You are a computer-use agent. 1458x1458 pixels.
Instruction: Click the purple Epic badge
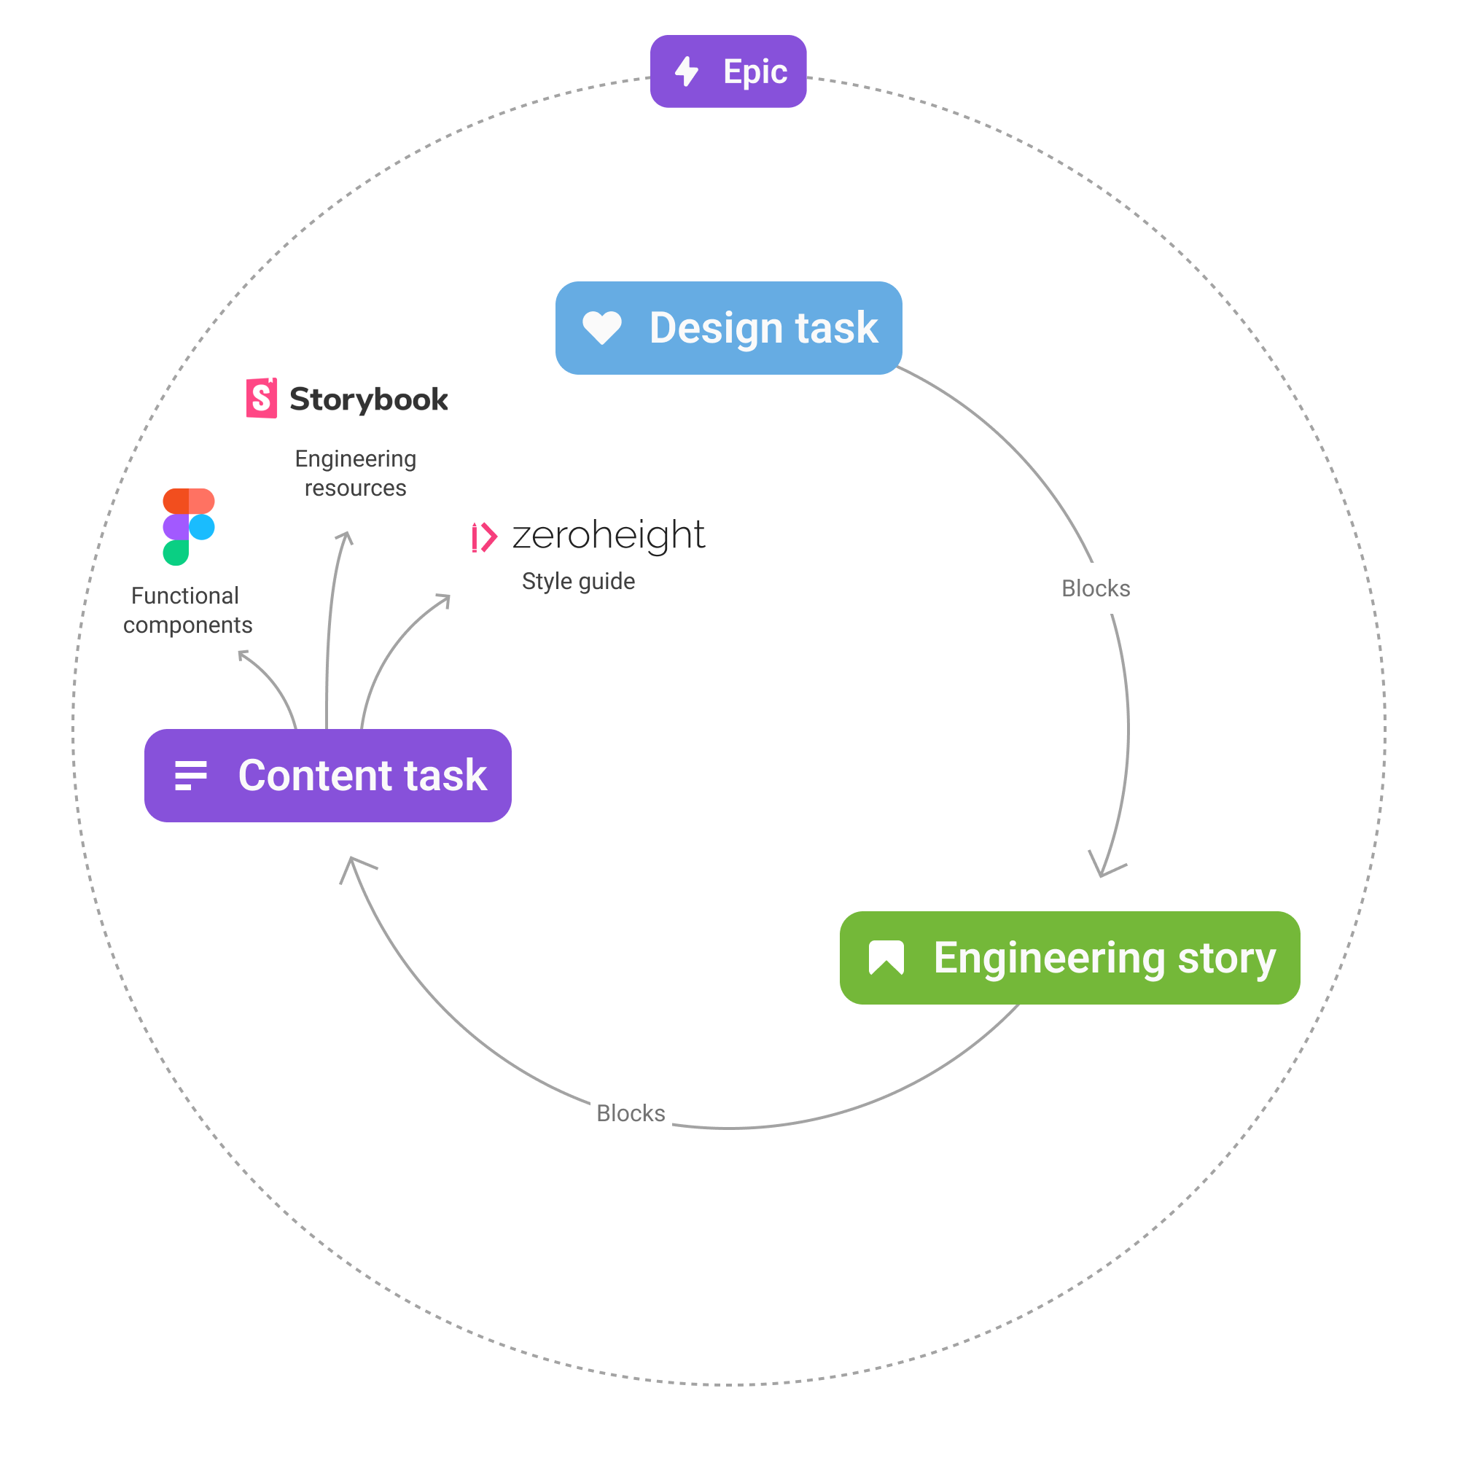pos(728,71)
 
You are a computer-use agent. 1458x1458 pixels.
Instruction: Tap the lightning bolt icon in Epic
pos(686,71)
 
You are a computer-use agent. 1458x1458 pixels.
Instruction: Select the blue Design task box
pos(728,328)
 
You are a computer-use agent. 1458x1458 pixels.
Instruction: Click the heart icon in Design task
pos(601,327)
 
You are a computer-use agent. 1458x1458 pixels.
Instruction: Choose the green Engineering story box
pos(1069,958)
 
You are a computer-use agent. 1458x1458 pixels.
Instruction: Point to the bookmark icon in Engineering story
pos(886,958)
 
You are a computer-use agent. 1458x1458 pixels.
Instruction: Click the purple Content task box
pos(327,775)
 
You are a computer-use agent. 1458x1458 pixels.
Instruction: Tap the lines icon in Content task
pos(190,775)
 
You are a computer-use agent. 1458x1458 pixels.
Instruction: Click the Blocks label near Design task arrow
pos(1096,588)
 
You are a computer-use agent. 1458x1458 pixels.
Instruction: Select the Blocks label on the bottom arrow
pos(630,1113)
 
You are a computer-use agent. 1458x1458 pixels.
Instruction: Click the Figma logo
pos(189,527)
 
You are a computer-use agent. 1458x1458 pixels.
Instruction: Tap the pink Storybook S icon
pos(261,398)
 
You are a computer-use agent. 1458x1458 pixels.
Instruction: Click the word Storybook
pos(368,399)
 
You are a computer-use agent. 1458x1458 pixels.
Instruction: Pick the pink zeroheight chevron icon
pos(484,537)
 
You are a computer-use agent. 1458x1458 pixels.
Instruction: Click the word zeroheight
pos(608,535)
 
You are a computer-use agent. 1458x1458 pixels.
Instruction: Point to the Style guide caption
pos(578,581)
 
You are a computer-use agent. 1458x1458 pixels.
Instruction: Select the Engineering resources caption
pos(356,473)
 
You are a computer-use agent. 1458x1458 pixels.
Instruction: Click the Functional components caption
pos(187,609)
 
